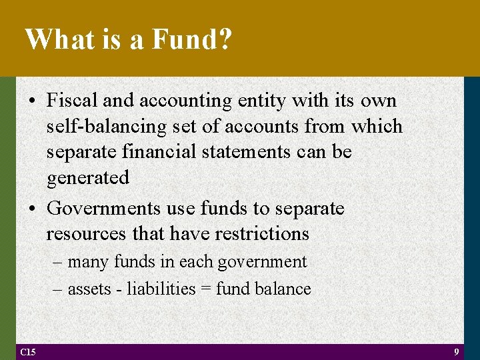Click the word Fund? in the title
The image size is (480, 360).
click(192, 39)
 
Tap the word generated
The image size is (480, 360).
click(87, 178)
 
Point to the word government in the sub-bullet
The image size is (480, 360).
click(265, 262)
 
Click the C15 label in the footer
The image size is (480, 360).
click(28, 351)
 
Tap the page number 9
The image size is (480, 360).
click(456, 351)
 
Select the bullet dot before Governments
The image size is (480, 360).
click(33, 209)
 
